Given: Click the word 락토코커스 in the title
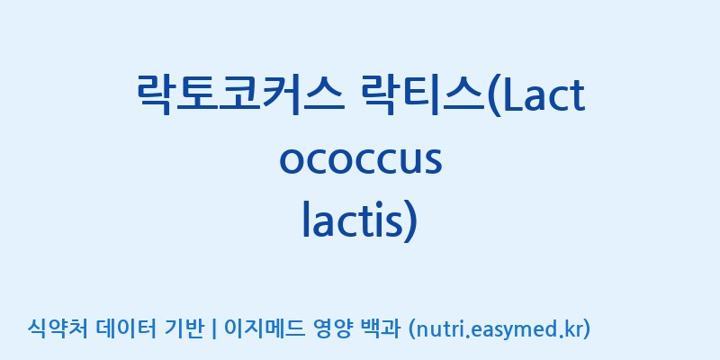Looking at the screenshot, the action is pos(240,94).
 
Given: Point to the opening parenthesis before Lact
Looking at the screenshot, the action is pos(494,97).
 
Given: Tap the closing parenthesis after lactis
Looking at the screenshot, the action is pos(410,222).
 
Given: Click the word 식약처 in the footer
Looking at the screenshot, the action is pos(58,328).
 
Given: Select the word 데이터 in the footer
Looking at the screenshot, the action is pos(127,328).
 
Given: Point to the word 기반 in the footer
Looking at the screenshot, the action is pos(184,328).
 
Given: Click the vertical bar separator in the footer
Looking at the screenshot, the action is pos(213,329).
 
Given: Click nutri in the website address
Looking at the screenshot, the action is pos(439,329).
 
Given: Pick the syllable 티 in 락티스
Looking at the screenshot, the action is pos(424,94).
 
